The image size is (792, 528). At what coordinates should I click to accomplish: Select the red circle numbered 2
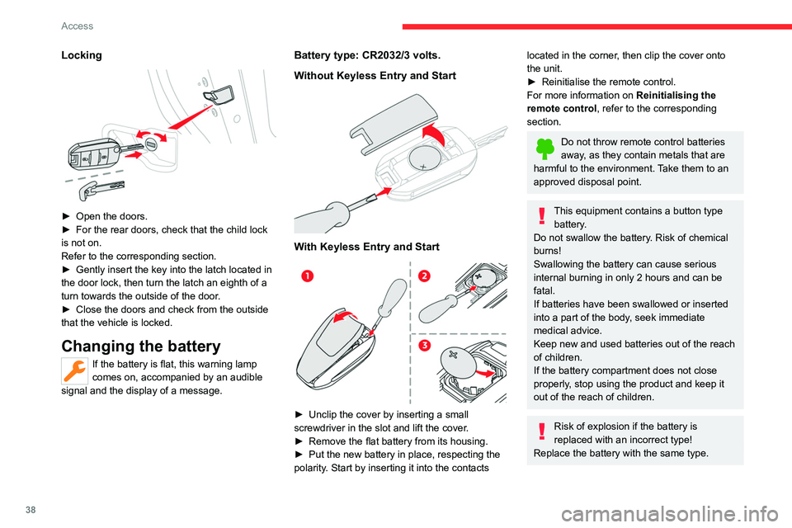[x=425, y=275]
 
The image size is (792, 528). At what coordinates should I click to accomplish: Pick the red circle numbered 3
[x=425, y=343]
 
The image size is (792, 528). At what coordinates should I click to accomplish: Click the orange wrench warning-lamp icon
[x=73, y=373]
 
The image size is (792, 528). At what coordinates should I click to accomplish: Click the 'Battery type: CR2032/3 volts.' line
[x=367, y=55]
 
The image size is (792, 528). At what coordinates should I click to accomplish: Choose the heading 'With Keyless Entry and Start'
[x=361, y=247]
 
